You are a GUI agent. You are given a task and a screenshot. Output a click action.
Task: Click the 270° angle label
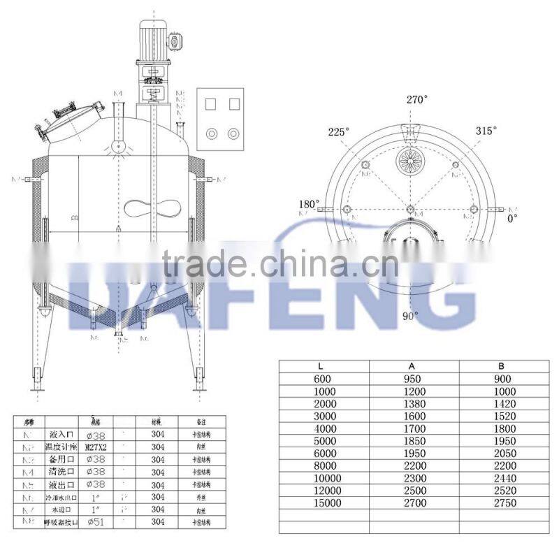click(416, 99)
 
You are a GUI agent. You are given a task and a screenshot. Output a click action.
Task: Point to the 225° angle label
click(340, 131)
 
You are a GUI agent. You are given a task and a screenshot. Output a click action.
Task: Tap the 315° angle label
click(486, 131)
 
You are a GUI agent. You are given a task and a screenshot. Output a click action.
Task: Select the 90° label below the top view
click(410, 315)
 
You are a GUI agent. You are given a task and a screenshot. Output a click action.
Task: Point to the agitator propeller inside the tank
click(150, 208)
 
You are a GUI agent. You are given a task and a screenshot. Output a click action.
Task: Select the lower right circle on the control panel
click(233, 133)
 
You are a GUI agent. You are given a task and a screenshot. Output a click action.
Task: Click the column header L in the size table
click(320, 366)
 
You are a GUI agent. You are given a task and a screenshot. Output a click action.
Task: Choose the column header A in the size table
click(409, 366)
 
